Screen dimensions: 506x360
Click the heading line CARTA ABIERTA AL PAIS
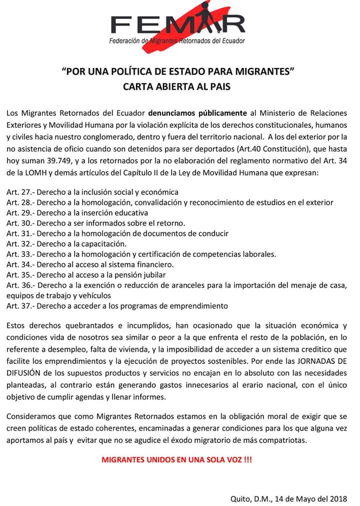coord(177,86)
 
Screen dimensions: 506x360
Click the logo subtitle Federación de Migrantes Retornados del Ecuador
coord(177,40)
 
